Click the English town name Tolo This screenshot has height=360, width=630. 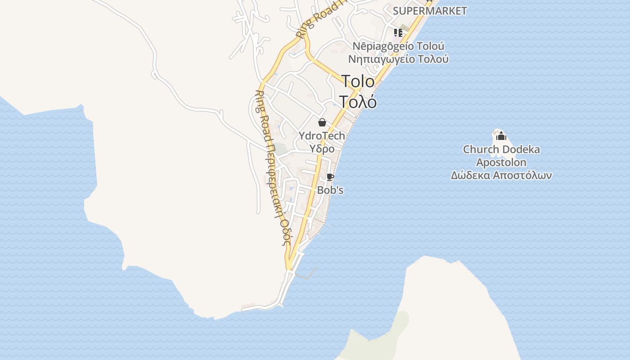click(358, 81)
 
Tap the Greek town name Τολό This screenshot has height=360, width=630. click(358, 102)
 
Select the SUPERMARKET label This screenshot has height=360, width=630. click(430, 11)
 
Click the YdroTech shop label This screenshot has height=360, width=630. click(322, 136)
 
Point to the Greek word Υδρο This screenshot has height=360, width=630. click(322, 149)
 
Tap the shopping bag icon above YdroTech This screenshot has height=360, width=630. click(322, 122)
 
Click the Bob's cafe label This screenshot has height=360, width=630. click(330, 190)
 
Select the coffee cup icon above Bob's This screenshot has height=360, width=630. click(330, 177)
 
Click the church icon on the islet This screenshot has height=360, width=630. click(501, 136)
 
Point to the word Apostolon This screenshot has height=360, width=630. click(501, 162)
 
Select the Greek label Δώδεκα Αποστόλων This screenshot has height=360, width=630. click(501, 175)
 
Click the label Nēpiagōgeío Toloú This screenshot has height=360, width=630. click(398, 46)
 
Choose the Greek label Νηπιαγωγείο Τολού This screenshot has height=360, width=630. click(398, 59)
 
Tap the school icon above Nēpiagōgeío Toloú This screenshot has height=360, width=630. click(398, 32)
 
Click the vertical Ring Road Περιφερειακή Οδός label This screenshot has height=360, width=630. click(273, 166)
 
